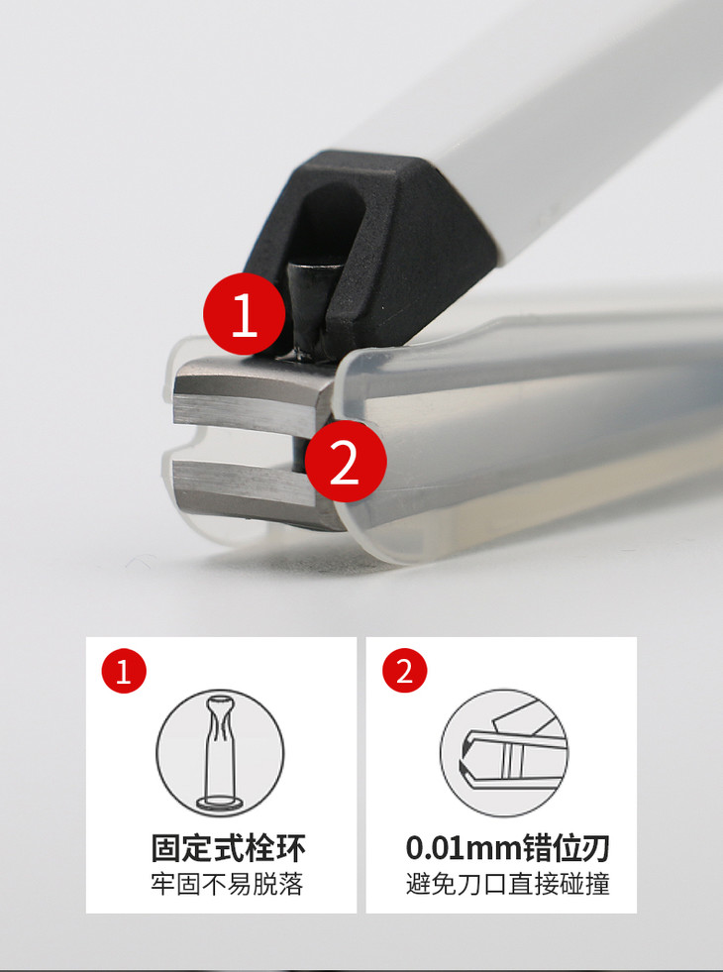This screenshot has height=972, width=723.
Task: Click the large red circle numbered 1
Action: click(244, 314)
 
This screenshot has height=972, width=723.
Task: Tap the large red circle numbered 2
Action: click(345, 461)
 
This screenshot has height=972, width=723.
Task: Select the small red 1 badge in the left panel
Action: click(124, 671)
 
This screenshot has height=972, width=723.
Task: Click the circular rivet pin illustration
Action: click(220, 753)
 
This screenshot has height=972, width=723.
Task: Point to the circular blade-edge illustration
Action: click(504, 753)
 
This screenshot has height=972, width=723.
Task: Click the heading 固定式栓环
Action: click(228, 848)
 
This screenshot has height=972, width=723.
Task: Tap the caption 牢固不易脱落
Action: click(228, 885)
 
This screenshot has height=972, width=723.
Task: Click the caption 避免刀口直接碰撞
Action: click(508, 885)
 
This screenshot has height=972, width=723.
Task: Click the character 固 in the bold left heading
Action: click(166, 848)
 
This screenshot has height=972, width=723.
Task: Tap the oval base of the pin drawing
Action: click(220, 804)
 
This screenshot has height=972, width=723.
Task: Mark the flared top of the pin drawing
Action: click(221, 706)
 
